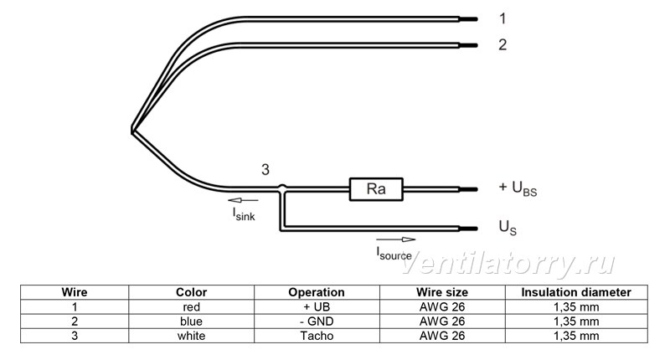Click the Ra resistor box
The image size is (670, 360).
(376, 189)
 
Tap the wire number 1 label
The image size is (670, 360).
(502, 18)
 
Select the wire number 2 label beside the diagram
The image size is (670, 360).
(502, 44)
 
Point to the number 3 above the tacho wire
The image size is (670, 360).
(265, 170)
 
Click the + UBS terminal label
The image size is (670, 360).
(518, 188)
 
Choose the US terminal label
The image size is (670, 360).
(508, 227)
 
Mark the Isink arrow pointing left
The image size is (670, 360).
(243, 200)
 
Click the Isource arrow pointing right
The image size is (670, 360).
(395, 239)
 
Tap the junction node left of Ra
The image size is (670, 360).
(282, 188)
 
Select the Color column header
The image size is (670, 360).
(192, 292)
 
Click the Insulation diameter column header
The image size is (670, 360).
(576, 292)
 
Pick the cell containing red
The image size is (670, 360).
(192, 307)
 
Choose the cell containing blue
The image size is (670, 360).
(192, 321)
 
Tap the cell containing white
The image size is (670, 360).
(192, 336)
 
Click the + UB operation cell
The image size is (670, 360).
(317, 307)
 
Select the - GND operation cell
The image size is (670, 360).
(317, 321)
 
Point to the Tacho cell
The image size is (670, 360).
(317, 336)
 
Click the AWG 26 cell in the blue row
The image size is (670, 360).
(442, 321)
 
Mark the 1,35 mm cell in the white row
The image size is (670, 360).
(576, 336)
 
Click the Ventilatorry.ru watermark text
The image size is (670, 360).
(508, 265)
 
